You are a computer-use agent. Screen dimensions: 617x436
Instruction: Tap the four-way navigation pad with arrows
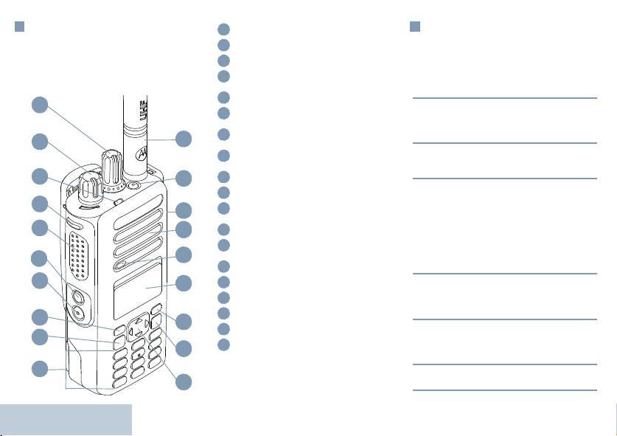[136, 328]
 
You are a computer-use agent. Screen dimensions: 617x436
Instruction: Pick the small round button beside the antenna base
[133, 184]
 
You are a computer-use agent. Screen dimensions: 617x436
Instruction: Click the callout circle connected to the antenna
[184, 138]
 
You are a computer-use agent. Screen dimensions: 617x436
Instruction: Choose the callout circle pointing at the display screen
[184, 283]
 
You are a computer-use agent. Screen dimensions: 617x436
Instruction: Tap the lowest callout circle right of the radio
[184, 381]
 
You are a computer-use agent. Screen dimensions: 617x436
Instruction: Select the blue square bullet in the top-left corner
[21, 27]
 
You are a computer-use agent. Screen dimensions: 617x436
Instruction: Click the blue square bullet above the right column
[415, 27]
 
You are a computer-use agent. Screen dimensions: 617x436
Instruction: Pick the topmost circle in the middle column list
[225, 30]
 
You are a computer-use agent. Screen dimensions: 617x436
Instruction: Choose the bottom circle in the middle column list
[225, 345]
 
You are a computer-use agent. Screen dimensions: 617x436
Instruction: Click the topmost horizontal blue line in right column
[504, 97]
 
